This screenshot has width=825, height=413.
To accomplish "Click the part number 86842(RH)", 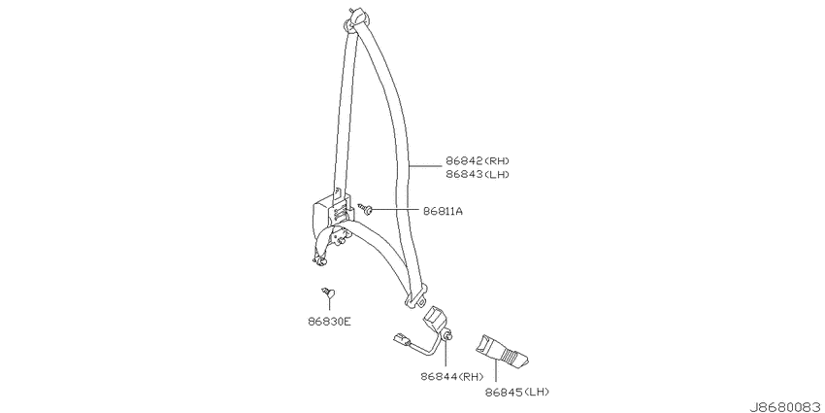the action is click(x=478, y=160).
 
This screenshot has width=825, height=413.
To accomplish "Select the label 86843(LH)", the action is click(x=478, y=174).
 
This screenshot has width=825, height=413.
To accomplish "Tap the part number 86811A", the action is click(x=443, y=211).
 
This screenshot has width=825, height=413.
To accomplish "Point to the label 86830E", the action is click(x=329, y=321).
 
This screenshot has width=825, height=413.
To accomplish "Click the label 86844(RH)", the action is click(x=452, y=377).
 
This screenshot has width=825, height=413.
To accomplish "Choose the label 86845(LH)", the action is click(x=517, y=392).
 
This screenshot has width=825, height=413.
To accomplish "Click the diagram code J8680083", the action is click(x=786, y=407).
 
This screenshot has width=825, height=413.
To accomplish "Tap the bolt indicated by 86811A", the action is click(x=366, y=209).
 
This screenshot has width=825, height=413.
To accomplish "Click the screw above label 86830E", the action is click(x=328, y=293).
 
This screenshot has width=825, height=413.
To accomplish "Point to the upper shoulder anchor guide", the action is click(x=354, y=19).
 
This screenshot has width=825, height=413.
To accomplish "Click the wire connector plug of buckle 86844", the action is click(x=401, y=340).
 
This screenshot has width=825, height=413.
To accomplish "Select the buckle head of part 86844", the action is click(x=435, y=318).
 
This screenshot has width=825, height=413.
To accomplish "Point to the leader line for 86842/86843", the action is click(x=426, y=166).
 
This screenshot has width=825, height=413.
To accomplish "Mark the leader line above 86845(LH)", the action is click(x=496, y=372).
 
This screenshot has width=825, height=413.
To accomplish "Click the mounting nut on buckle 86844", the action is click(x=448, y=336).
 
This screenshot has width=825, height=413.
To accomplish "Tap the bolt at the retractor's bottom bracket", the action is click(x=319, y=259).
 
